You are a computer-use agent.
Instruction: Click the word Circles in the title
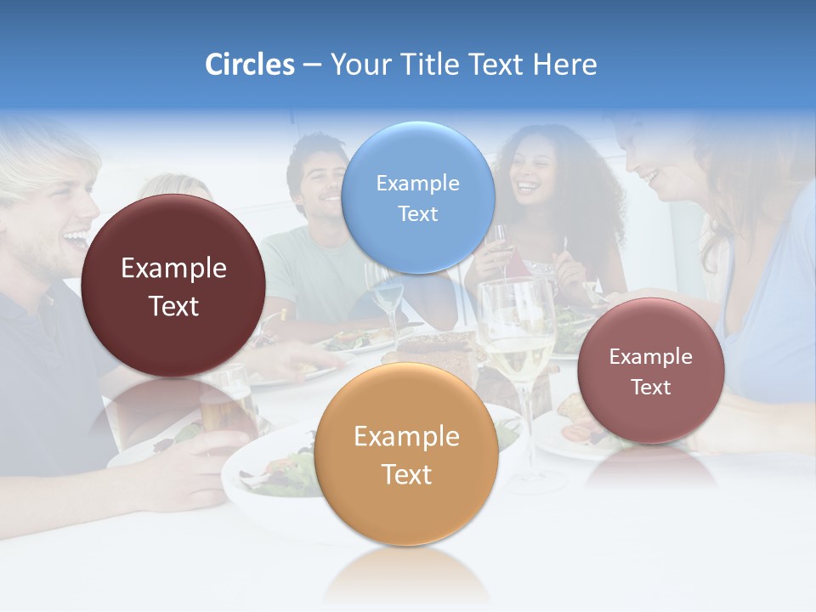tap(249, 65)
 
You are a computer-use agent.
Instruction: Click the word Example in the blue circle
tap(417, 183)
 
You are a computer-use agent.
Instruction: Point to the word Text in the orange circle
tap(406, 474)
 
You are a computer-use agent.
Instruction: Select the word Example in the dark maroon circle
tap(173, 269)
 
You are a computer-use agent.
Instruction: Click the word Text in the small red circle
tap(650, 388)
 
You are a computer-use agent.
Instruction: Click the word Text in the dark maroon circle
tap(173, 307)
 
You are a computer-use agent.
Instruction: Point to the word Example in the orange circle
tap(406, 437)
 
